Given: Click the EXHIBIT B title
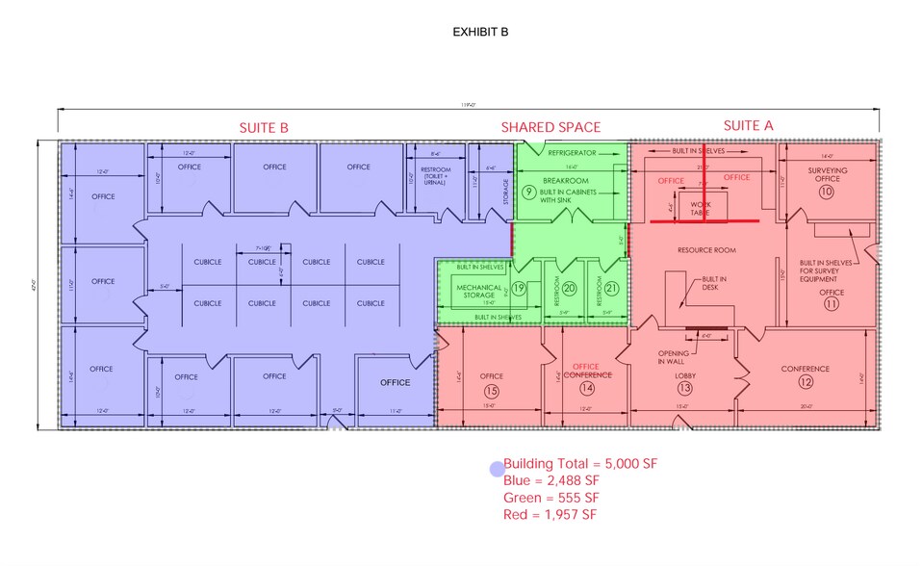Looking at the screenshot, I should click(x=480, y=32).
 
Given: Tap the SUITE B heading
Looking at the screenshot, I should click(x=264, y=127).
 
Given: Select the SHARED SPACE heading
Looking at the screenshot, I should click(x=551, y=127).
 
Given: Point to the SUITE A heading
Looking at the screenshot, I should click(x=748, y=125).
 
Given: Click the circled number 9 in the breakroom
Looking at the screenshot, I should click(x=528, y=192).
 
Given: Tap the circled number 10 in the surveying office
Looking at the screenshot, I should click(x=826, y=192).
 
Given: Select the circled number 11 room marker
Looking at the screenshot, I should click(x=832, y=304).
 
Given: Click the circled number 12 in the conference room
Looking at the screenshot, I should click(x=805, y=381).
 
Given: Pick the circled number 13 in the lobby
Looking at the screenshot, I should click(x=684, y=389).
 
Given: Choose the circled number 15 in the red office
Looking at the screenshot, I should click(x=492, y=390).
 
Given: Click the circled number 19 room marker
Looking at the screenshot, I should click(x=519, y=288).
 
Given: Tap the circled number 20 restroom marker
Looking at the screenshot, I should click(x=569, y=288).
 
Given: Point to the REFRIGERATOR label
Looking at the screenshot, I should click(x=572, y=152).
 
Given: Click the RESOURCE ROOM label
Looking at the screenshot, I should click(x=706, y=250).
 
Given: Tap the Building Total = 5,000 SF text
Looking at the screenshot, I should click(x=579, y=463).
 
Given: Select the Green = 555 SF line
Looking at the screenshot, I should click(x=551, y=498).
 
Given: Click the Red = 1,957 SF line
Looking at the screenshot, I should click(x=550, y=515).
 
